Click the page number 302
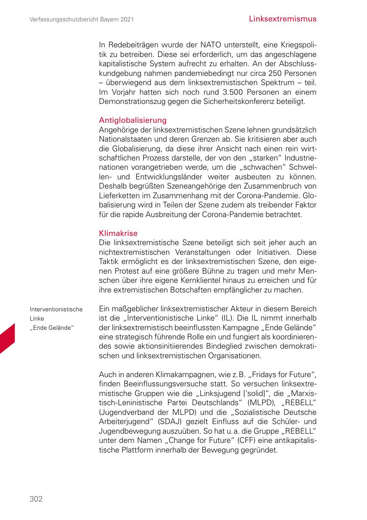36,499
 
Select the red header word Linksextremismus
282,19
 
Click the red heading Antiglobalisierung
133,120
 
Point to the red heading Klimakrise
118,233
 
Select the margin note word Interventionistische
56,310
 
